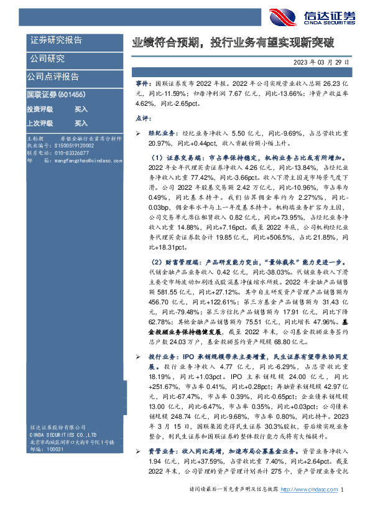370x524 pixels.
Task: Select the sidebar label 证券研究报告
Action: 57,40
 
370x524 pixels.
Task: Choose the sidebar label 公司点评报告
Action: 53,77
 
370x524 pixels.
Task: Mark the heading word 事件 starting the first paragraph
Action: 142,83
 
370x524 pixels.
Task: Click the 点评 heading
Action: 142,118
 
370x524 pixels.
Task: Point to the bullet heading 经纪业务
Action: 160,133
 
